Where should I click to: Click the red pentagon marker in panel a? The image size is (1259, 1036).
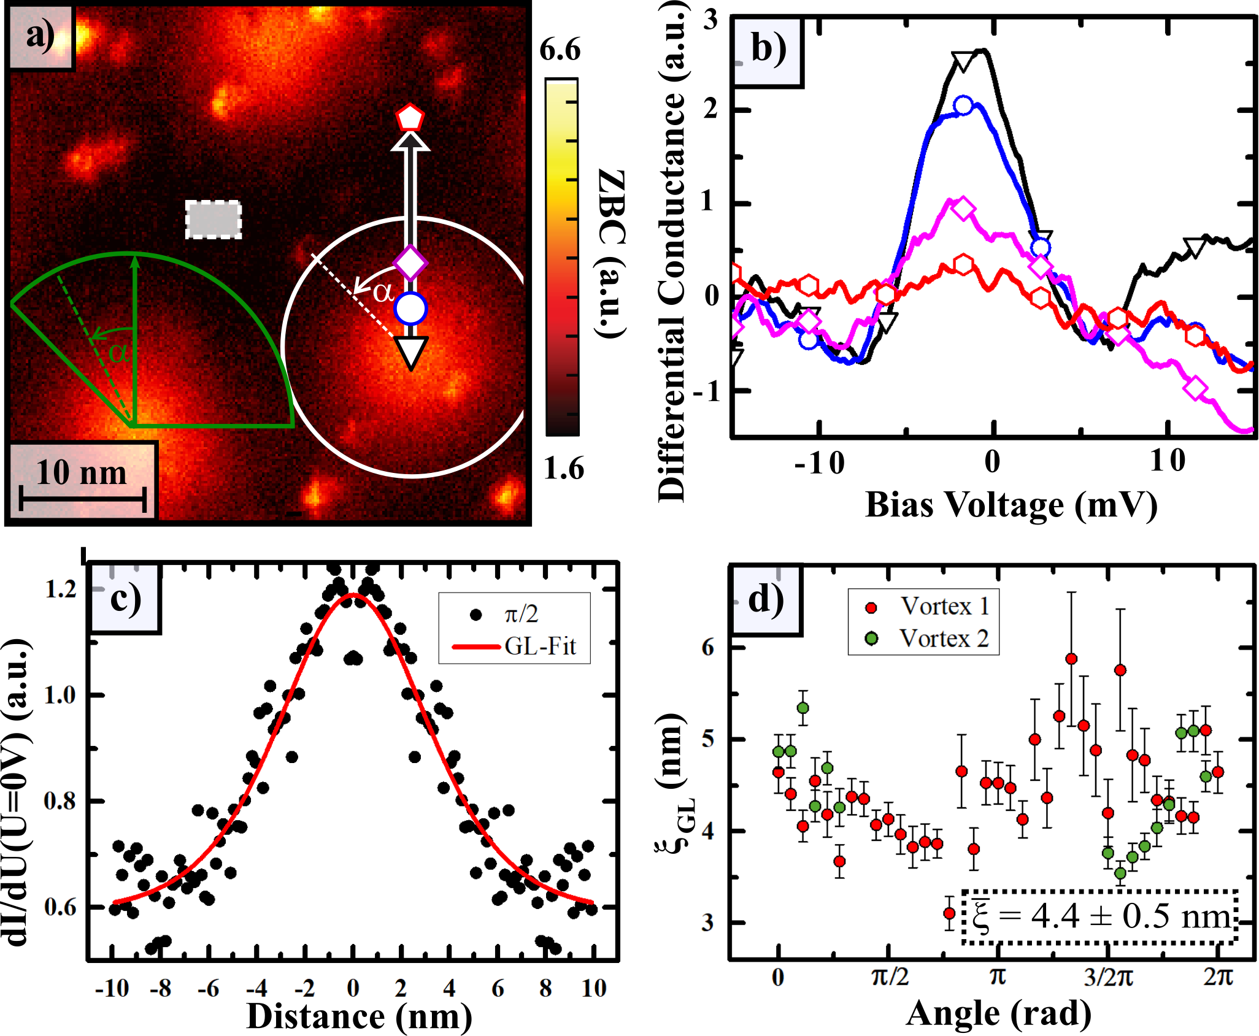click(x=410, y=117)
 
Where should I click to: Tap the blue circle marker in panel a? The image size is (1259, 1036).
click(x=410, y=309)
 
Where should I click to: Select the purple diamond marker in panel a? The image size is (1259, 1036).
click(x=410, y=264)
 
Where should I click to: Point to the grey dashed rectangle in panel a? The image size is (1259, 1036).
click(x=214, y=219)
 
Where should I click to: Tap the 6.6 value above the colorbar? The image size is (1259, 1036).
click(x=560, y=49)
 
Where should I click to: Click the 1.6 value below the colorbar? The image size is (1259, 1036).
click(x=564, y=469)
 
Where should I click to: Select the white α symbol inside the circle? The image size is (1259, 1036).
click(x=383, y=292)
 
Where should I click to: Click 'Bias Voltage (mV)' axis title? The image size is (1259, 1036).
click(x=1012, y=505)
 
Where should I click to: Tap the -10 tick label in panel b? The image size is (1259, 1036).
click(x=819, y=462)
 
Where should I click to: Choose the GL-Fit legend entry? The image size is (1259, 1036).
click(x=514, y=646)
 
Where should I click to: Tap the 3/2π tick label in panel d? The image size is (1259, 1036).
click(x=1108, y=977)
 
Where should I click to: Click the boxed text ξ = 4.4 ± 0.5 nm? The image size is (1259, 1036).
click(x=1101, y=916)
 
